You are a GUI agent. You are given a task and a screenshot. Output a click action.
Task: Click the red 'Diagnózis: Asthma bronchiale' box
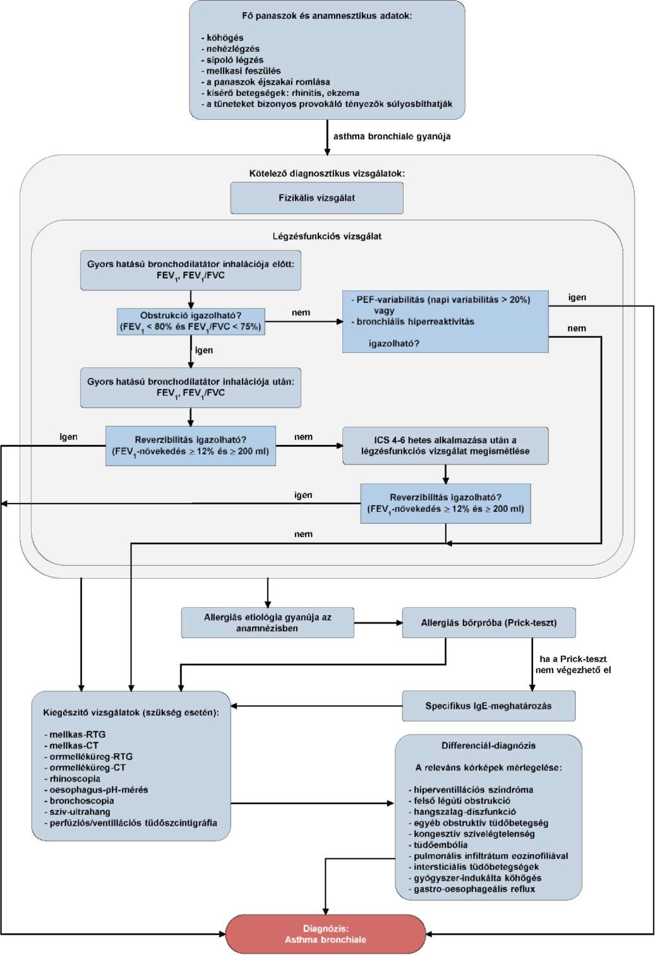[325, 934]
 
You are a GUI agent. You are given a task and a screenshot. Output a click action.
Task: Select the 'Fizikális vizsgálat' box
[316, 198]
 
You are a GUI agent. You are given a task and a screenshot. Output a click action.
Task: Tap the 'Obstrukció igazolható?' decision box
[191, 321]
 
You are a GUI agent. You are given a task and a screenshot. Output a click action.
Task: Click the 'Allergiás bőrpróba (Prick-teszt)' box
[489, 622]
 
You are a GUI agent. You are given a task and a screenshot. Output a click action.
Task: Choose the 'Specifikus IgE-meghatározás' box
[489, 706]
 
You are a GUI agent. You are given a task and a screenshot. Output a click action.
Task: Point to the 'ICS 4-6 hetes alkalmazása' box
[445, 446]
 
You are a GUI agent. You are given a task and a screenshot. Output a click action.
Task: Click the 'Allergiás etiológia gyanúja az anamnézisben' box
[268, 622]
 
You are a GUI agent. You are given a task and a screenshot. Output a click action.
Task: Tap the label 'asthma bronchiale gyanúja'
[392, 136]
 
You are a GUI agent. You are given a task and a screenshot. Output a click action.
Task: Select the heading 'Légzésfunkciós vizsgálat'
[327, 236]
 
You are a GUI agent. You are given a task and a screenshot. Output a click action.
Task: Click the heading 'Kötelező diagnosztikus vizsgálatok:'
[327, 174]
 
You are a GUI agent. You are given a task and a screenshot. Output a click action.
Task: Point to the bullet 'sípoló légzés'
[232, 60]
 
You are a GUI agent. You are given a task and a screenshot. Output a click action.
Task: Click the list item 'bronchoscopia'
[79, 800]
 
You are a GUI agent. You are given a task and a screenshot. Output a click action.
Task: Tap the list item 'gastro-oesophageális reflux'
[472, 889]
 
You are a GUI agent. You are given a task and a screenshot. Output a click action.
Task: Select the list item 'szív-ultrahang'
[77, 812]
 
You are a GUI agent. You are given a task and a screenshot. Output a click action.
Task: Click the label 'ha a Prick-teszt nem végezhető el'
[573, 664]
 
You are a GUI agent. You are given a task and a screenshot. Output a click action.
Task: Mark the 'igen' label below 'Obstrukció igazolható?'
[204, 350]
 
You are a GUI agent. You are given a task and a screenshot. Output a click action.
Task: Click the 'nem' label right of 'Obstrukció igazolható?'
[301, 312]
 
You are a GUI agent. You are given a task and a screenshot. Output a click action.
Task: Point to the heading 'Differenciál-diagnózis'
[489, 745]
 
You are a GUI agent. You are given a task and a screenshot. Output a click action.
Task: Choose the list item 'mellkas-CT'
[71, 745]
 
